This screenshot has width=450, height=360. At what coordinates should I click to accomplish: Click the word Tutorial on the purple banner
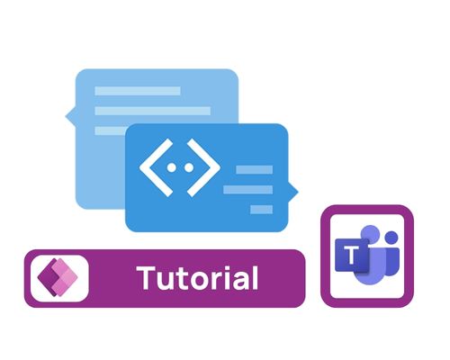click(197, 278)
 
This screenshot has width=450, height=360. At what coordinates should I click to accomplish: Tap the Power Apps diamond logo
click(58, 277)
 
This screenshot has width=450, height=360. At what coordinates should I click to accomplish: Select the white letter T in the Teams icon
click(351, 256)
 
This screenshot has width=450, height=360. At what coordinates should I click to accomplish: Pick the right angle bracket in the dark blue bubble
click(203, 167)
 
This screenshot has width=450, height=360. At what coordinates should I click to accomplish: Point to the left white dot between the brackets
click(171, 167)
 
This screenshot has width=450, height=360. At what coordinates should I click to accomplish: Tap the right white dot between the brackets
click(189, 167)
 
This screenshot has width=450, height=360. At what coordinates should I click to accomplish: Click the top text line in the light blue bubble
click(138, 91)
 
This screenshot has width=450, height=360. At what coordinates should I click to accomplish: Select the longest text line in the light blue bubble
click(153, 111)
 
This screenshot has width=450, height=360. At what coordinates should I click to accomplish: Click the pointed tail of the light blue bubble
click(69, 116)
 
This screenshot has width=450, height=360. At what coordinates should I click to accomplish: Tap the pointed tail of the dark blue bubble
click(294, 192)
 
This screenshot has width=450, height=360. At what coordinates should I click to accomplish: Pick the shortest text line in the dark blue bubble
click(261, 210)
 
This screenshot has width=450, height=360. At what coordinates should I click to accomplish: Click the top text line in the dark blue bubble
click(255, 170)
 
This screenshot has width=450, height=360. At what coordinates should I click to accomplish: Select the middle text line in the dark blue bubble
click(248, 190)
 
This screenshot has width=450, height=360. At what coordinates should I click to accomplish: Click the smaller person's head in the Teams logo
click(391, 238)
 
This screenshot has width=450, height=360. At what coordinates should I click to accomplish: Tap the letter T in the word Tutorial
click(147, 278)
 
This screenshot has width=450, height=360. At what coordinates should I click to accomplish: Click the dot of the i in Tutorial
click(237, 269)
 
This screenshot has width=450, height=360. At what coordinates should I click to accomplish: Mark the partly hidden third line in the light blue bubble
click(110, 130)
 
